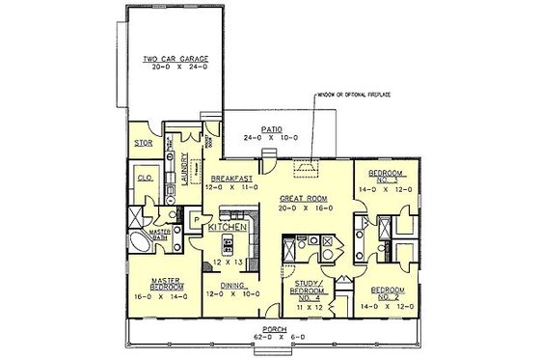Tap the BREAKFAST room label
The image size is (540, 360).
tap(232, 179)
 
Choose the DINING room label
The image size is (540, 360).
tap(232, 287)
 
